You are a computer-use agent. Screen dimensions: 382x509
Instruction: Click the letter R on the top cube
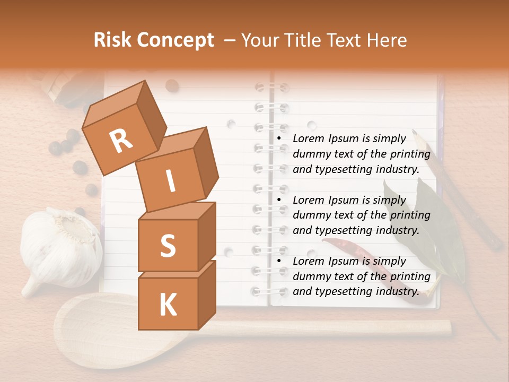(121, 142)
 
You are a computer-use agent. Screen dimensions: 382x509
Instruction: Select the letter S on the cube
(168, 246)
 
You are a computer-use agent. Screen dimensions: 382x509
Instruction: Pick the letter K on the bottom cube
(168, 305)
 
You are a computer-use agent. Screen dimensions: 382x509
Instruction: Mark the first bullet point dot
(279, 139)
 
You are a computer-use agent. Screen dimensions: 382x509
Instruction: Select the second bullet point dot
(279, 200)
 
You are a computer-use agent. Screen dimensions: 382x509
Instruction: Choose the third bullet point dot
(279, 262)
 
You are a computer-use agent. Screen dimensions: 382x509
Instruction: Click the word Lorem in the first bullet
(308, 139)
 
